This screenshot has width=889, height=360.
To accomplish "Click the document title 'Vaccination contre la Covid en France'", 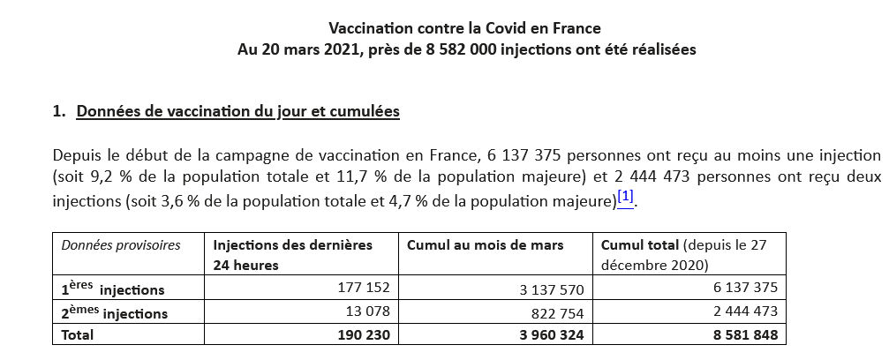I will (x=466, y=29).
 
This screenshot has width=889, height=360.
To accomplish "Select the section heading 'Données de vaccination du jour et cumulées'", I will (x=238, y=112).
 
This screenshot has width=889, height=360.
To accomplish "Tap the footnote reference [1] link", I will (x=625, y=196).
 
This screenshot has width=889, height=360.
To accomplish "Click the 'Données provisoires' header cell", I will (x=121, y=244).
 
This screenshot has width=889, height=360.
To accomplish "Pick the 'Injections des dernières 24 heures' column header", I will (x=293, y=254).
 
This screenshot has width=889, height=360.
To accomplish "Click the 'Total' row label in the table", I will (x=77, y=335).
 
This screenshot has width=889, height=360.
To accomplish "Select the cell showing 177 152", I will (x=364, y=289).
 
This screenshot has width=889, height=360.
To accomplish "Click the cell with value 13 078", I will (x=369, y=311).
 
